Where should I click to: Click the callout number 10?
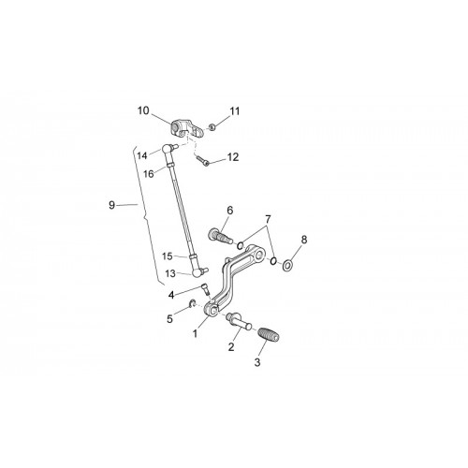(x=143, y=110)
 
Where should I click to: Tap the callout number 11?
(x=235, y=111)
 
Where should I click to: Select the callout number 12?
(x=233, y=157)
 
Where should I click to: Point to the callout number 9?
(x=111, y=205)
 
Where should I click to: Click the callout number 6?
(x=230, y=211)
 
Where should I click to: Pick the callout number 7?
(x=269, y=220)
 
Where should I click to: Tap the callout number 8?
(x=304, y=240)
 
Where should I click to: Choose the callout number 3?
(x=257, y=362)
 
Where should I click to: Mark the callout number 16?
(x=149, y=174)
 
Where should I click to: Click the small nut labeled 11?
(x=212, y=127)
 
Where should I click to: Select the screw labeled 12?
(x=202, y=161)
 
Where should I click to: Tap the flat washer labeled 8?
(x=287, y=266)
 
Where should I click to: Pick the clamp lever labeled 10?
(x=187, y=129)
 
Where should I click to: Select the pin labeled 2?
(x=240, y=321)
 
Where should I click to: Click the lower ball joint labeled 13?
(x=199, y=272)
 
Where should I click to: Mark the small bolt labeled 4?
(x=205, y=289)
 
